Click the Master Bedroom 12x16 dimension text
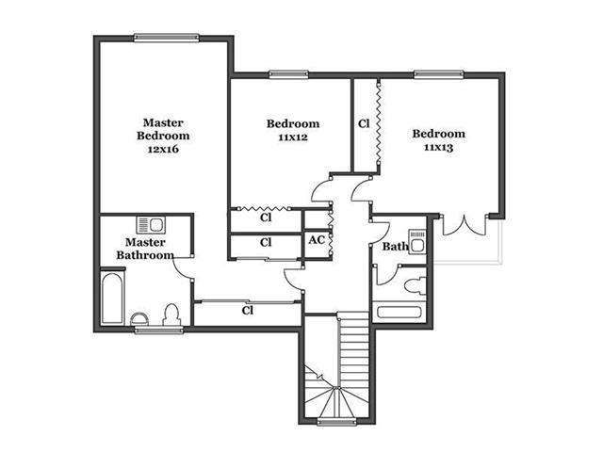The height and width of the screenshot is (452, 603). (163, 149)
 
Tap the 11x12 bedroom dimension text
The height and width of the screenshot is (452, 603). (293, 137)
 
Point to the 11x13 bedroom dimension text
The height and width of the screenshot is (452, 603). (438, 147)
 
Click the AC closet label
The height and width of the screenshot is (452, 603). (317, 240)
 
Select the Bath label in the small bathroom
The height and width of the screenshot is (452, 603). (395, 247)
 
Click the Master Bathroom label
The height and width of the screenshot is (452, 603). (145, 249)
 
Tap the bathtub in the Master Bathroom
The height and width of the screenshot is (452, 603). (112, 299)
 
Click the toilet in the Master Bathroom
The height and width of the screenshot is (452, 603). (171, 315)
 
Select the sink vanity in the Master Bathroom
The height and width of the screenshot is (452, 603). (151, 225)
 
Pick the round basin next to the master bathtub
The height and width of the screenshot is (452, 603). (139, 319)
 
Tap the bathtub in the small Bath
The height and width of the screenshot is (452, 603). (399, 312)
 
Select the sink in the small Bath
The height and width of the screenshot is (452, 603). (417, 241)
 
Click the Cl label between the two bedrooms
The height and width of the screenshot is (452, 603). (364, 123)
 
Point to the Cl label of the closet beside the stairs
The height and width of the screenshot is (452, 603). (247, 310)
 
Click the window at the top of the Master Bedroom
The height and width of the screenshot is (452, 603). (167, 38)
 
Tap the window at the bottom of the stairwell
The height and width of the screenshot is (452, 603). (336, 423)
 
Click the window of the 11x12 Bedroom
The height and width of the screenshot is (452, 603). (288, 74)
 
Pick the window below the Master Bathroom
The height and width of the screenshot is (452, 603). (158, 330)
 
